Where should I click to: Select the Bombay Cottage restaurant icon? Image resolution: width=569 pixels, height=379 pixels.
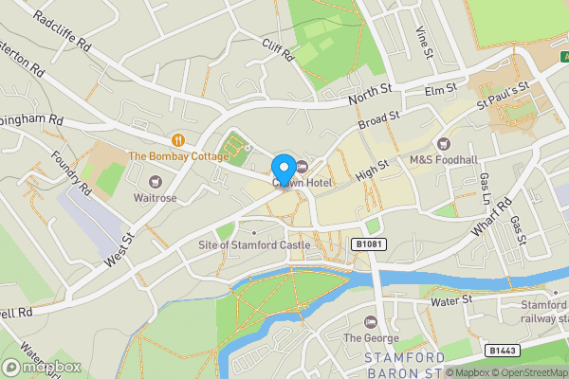coord(178,140)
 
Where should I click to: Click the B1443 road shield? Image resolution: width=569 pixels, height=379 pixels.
coord(504,351)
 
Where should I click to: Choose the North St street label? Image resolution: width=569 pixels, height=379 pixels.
coord(371,93)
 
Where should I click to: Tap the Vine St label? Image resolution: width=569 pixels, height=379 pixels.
coord(423,40)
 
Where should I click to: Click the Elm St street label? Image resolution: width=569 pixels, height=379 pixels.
coord(441,90)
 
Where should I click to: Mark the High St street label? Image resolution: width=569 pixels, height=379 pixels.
coord(372,171)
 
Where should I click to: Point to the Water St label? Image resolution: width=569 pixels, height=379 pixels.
coord(451,300)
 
